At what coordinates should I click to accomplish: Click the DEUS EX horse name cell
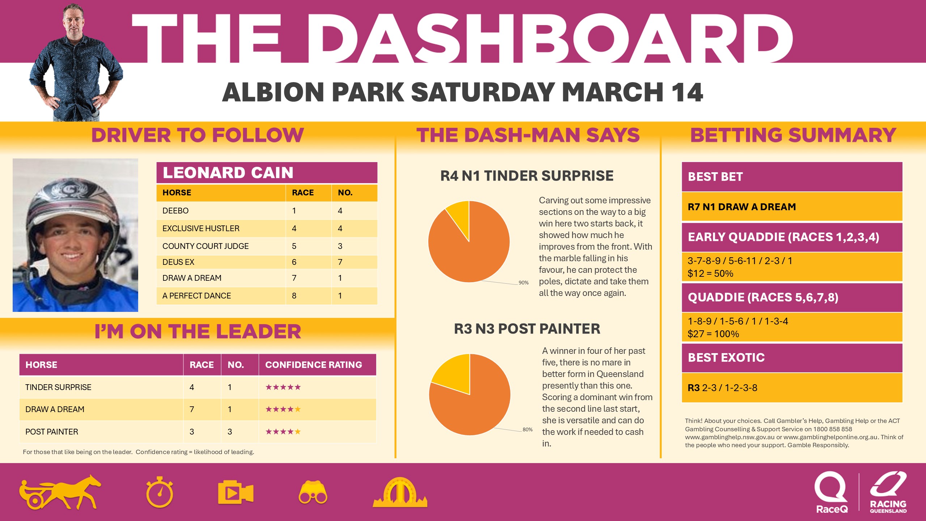pyautogui.click(x=178, y=262)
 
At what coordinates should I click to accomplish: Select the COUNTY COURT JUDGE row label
pyautogui.click(x=205, y=246)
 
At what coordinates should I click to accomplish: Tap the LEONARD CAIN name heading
pyautogui.click(x=228, y=173)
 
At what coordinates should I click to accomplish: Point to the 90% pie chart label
pyautogui.click(x=523, y=283)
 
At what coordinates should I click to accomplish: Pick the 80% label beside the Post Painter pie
pyautogui.click(x=527, y=429)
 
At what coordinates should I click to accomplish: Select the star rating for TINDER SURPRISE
pyautogui.click(x=283, y=387)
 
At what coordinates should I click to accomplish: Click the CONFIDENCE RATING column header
pyautogui.click(x=313, y=365)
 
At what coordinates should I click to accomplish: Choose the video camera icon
pyautogui.click(x=235, y=492)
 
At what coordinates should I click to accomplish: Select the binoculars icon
pyautogui.click(x=313, y=492)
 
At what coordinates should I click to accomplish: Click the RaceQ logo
pyautogui.click(x=831, y=492)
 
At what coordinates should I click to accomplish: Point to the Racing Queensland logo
pyautogui.click(x=888, y=492)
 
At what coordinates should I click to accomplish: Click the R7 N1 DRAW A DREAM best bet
pyautogui.click(x=742, y=207)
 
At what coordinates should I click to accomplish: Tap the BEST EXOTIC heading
pyautogui.click(x=726, y=357)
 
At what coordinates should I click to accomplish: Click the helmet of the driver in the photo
pyautogui.click(x=72, y=199)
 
